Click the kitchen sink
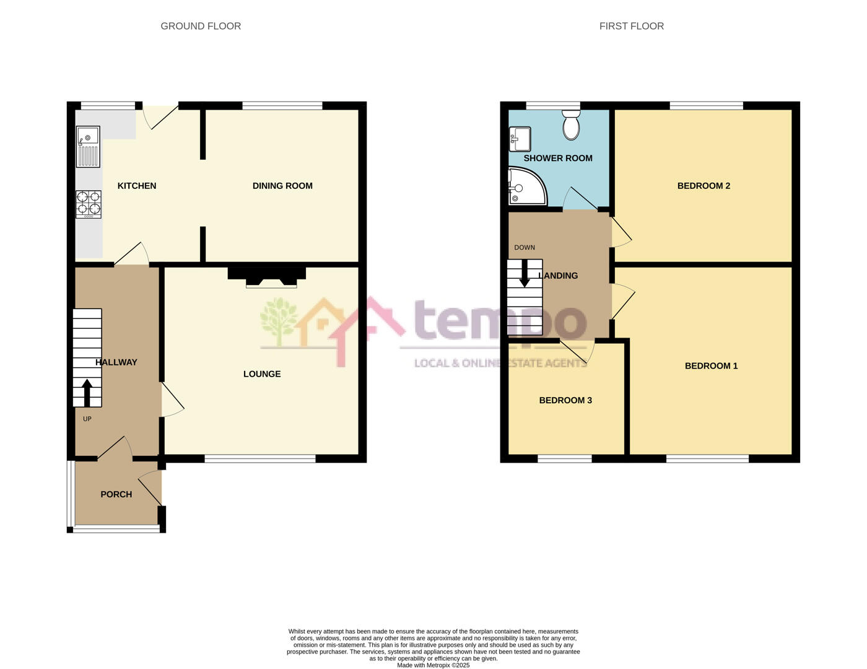pos(88,146)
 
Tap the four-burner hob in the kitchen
pos(89,204)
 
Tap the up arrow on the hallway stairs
pos(87,392)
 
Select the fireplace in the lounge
pos(267,276)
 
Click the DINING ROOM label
pos(282,186)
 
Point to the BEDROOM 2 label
pos(704,186)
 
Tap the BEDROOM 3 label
pos(565,400)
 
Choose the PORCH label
pos(116,494)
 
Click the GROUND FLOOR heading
pos(201,26)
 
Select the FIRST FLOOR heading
pos(631,26)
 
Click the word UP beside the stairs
pos(87,419)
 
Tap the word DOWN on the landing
pos(525,248)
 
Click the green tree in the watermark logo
pos(278,320)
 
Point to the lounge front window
pos(260,459)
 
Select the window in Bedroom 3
pos(564,459)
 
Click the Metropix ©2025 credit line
pos(433,665)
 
